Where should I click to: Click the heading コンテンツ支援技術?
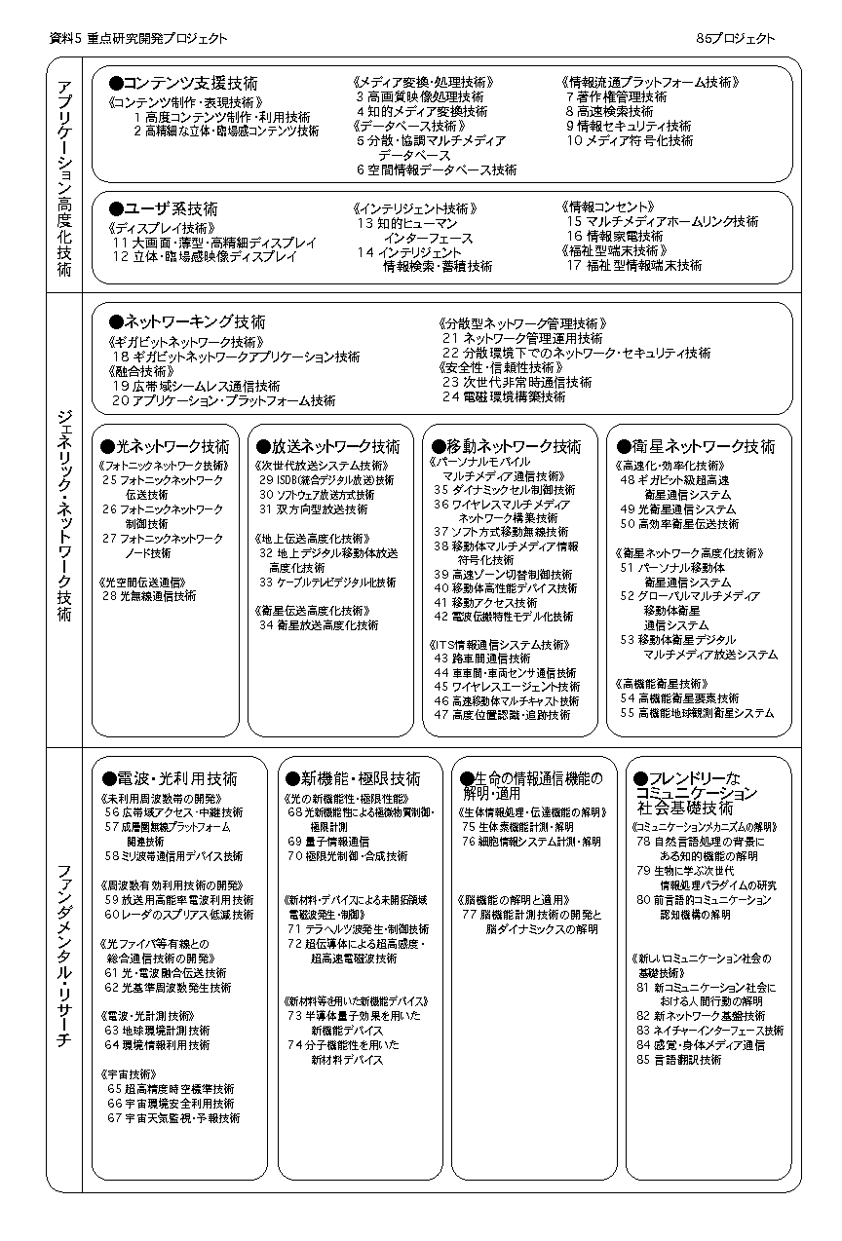[x=184, y=84]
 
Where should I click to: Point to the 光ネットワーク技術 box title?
[x=166, y=446]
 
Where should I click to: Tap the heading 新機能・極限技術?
[x=353, y=778]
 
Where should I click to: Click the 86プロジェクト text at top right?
[x=736, y=38]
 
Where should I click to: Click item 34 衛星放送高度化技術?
[x=319, y=625]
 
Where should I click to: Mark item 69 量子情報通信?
[x=328, y=841]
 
